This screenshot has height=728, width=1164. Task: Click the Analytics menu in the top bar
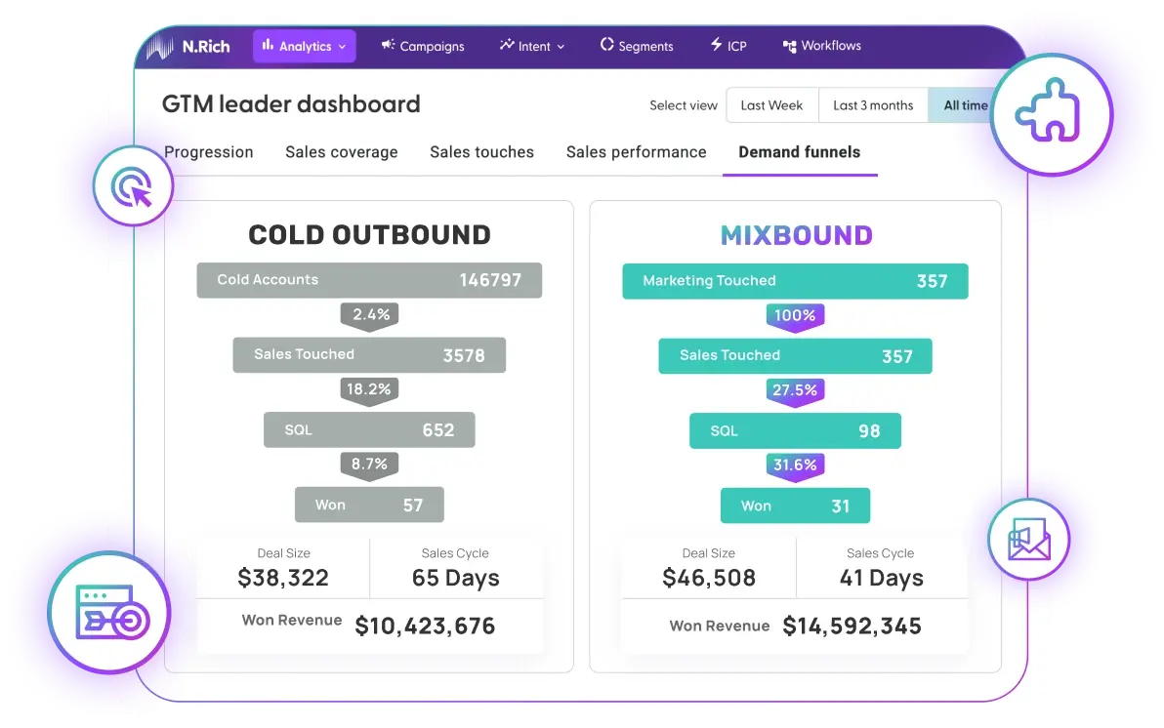tap(304, 46)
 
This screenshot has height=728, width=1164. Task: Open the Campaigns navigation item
tap(423, 46)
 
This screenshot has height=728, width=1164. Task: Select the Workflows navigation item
tap(821, 46)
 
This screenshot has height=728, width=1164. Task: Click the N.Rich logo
tap(188, 46)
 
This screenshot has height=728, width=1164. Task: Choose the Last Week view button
tap(771, 105)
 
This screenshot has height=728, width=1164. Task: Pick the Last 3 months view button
tap(873, 105)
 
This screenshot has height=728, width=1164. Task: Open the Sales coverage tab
tap(342, 152)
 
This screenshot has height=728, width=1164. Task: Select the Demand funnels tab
tap(799, 152)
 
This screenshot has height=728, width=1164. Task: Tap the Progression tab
tap(209, 152)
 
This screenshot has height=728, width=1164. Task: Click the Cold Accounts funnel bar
tap(369, 280)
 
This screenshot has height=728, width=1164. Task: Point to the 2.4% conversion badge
tap(370, 314)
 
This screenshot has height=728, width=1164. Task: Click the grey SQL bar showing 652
tap(369, 430)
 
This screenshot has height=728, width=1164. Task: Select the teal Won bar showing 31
tap(795, 506)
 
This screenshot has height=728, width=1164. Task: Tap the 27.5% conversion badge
tap(795, 390)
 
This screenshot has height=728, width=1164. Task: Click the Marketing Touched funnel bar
tap(795, 281)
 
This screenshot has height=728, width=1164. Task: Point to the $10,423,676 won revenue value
tap(425, 626)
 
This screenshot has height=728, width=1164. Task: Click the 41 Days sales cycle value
tap(881, 578)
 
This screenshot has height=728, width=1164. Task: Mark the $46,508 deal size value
tap(709, 578)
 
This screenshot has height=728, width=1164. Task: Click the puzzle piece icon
tap(1050, 114)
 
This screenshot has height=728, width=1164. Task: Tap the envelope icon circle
tap(1027, 540)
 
